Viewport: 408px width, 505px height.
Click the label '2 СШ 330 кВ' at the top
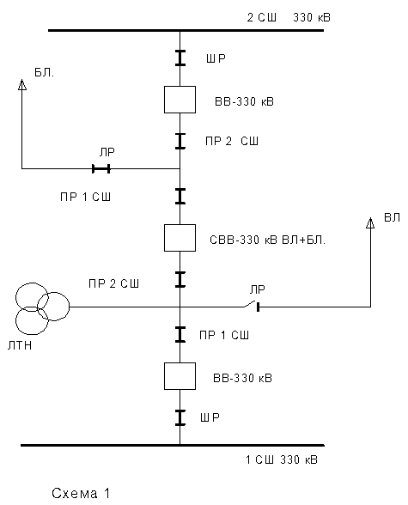[289, 17]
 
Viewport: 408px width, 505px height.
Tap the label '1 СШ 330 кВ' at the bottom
[282, 459]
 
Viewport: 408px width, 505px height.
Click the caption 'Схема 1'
[81, 493]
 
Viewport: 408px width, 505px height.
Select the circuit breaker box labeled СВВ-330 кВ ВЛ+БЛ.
[180, 238]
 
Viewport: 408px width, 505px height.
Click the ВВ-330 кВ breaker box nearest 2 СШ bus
[180, 100]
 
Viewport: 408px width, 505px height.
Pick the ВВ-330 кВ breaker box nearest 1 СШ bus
[180, 376]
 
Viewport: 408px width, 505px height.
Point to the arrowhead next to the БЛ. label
[21, 84]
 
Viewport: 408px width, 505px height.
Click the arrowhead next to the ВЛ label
[370, 223]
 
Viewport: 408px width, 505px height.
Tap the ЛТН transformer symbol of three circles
[42, 308]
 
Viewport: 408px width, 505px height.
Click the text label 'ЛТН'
[20, 345]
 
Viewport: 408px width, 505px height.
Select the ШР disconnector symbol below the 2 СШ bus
[180, 58]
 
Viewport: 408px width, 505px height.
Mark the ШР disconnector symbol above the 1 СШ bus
[180, 417]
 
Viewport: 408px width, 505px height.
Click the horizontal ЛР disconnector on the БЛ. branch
[101, 168]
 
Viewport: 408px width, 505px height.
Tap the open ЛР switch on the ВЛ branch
[252, 306]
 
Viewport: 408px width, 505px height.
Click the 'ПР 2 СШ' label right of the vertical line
[232, 141]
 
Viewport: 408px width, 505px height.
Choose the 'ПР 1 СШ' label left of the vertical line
[85, 197]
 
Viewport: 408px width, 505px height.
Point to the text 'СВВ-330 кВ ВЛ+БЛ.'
[268, 240]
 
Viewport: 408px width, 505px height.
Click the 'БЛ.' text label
[44, 73]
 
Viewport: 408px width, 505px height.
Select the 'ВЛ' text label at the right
[392, 218]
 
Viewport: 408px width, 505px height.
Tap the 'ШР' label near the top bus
[216, 58]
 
